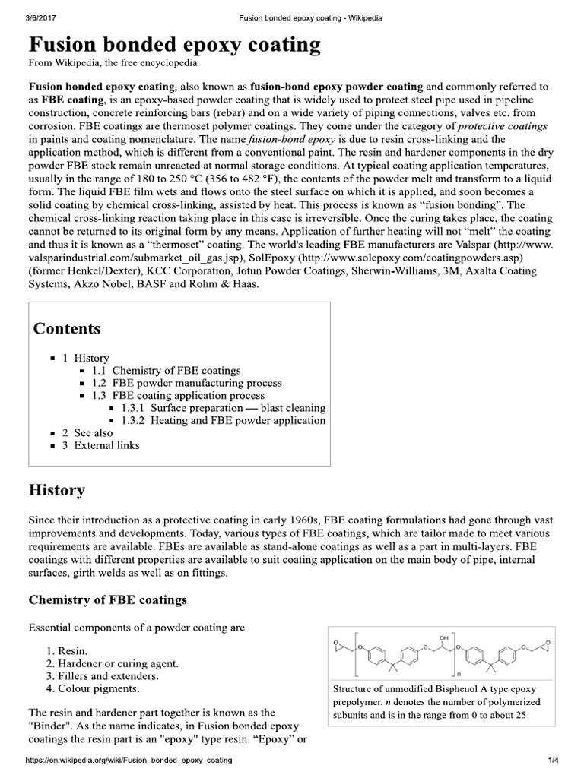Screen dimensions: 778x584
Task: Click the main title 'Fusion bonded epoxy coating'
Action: point(175,45)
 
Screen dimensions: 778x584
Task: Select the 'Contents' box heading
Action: point(67,328)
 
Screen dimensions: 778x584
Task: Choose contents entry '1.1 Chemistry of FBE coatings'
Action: point(167,371)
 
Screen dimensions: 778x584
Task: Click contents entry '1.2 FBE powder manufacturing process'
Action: point(187,383)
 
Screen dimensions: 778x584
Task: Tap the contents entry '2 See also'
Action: point(87,432)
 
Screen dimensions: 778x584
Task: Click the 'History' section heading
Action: point(57,490)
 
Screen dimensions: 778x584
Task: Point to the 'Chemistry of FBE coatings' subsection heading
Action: point(107,600)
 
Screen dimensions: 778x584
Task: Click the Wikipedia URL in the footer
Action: point(129,760)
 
